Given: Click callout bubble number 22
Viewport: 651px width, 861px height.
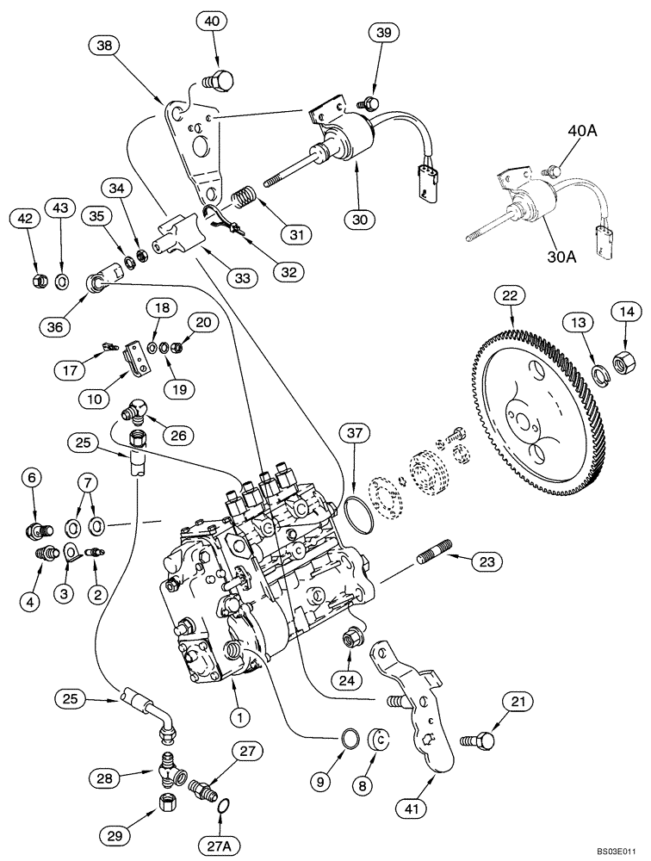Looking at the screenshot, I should (511, 296).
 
